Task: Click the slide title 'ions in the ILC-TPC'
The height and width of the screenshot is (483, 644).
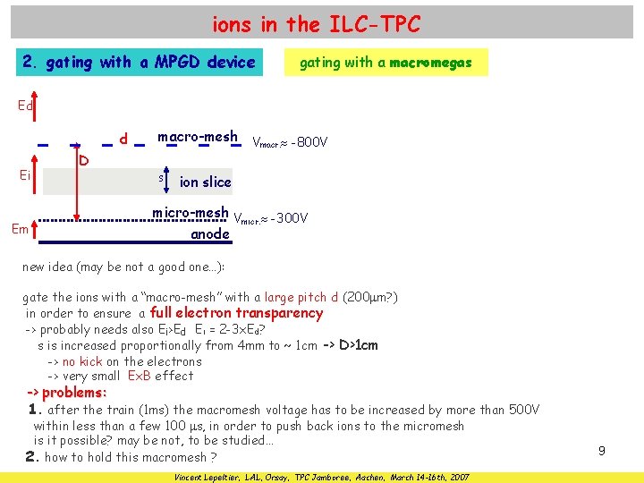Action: click(x=316, y=25)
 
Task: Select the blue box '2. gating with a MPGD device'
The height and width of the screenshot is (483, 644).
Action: click(x=140, y=63)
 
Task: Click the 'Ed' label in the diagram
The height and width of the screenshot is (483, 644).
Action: click(x=26, y=106)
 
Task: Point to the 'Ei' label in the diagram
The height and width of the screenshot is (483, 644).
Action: click(x=25, y=175)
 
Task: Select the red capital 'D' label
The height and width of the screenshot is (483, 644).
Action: click(x=83, y=161)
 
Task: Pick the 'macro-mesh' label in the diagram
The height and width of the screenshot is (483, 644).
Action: click(x=198, y=138)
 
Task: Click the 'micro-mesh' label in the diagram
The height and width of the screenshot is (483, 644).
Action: click(x=191, y=214)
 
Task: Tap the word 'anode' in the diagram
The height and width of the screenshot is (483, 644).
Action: click(x=210, y=234)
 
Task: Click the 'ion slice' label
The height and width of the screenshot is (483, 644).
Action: click(x=205, y=182)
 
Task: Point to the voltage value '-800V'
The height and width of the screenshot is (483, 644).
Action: click(x=309, y=142)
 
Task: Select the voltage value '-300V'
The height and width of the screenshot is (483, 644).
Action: click(x=288, y=218)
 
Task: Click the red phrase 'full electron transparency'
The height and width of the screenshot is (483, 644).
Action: click(x=236, y=313)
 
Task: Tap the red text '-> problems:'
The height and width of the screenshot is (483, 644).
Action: click(x=67, y=393)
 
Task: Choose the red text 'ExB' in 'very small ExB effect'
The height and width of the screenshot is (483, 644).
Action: click(x=140, y=377)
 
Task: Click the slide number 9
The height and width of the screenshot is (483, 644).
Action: click(x=602, y=452)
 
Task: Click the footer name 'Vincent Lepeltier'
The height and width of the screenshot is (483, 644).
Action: click(x=209, y=476)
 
